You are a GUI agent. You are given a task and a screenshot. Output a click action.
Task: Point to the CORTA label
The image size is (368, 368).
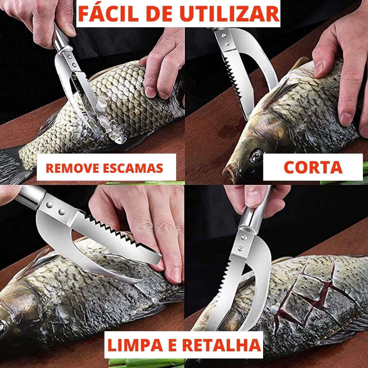pos(313,167)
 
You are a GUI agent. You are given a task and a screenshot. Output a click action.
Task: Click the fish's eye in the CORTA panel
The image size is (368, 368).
pos(256,155)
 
